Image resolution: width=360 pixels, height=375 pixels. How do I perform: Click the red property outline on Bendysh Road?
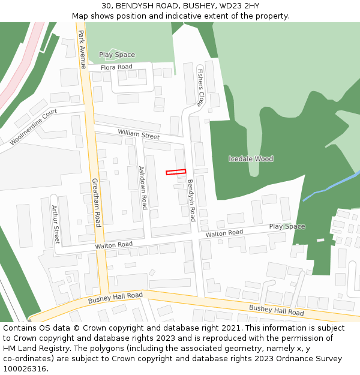pyautogui.click(x=176, y=172)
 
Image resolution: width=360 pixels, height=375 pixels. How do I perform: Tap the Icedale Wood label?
pyautogui.click(x=251, y=159)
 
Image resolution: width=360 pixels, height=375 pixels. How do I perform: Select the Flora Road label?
pyautogui.click(x=116, y=67)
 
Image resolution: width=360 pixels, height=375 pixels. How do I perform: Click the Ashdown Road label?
pyautogui.click(x=143, y=188)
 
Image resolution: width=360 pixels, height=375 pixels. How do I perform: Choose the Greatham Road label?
pyautogui.click(x=97, y=202)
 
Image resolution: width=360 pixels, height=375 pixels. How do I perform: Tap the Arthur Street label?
pyautogui.click(x=56, y=224)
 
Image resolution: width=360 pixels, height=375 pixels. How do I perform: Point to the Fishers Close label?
pyautogui.click(x=200, y=87)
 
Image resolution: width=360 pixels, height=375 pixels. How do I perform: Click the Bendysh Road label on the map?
pyautogui.click(x=191, y=200)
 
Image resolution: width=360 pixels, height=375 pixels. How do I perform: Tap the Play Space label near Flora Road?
pyautogui.click(x=117, y=55)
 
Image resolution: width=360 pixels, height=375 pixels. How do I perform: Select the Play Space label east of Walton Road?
pyautogui.click(x=287, y=227)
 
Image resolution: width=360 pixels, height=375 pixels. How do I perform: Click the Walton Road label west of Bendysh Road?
pyautogui.click(x=113, y=245)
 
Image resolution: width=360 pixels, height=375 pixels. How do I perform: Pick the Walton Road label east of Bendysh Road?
pyautogui.click(x=224, y=233)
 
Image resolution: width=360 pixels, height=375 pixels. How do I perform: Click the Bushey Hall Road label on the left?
pyautogui.click(x=115, y=297)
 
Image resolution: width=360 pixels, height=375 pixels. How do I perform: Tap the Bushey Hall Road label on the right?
pyautogui.click(x=276, y=310)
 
